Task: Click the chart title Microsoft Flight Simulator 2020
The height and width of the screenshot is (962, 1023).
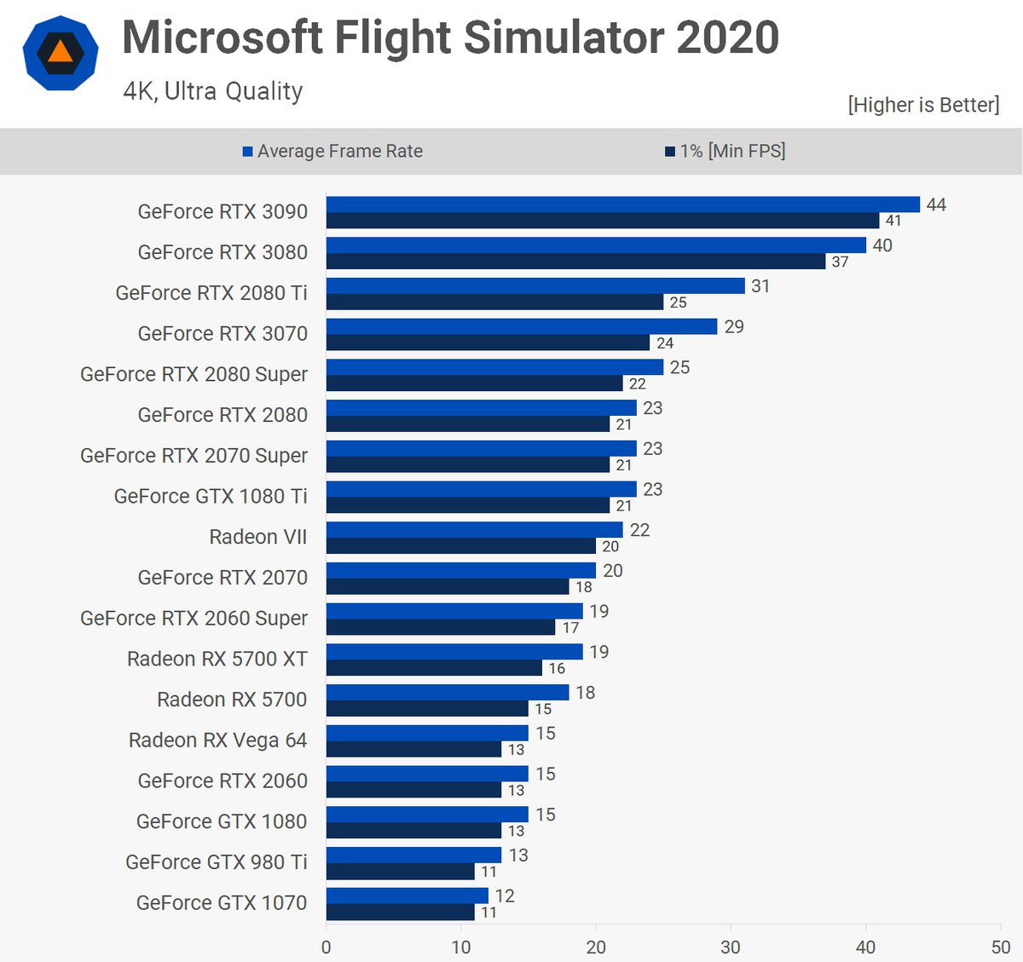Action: pos(450,37)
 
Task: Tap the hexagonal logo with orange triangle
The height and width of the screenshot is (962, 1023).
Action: pos(60,53)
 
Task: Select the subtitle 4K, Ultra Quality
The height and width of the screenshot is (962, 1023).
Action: pos(213,91)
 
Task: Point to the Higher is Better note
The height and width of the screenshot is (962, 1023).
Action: pos(923,105)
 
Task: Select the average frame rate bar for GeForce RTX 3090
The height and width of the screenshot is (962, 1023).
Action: pos(622,204)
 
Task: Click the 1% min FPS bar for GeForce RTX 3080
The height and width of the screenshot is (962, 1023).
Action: pos(575,262)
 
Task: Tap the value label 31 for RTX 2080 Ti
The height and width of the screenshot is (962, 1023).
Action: pos(760,286)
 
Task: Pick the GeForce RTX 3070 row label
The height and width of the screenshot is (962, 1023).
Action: pos(223,334)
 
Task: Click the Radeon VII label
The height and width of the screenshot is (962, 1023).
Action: pos(258,537)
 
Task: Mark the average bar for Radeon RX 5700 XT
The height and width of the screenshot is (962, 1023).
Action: pos(454,652)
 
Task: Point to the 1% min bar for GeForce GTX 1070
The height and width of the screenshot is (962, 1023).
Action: pos(400,912)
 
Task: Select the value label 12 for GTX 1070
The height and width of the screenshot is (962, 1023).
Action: pos(505,896)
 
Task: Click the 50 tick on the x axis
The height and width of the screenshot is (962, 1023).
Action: pos(1000,947)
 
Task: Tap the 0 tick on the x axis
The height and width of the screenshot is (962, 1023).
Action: pos(327,947)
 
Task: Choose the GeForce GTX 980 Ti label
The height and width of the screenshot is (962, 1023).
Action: pos(217,862)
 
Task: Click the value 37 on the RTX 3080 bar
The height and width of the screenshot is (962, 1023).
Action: pos(841,262)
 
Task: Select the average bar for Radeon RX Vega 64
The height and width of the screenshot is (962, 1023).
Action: pos(427,734)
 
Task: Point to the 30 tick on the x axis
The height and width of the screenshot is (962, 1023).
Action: pos(731,947)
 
